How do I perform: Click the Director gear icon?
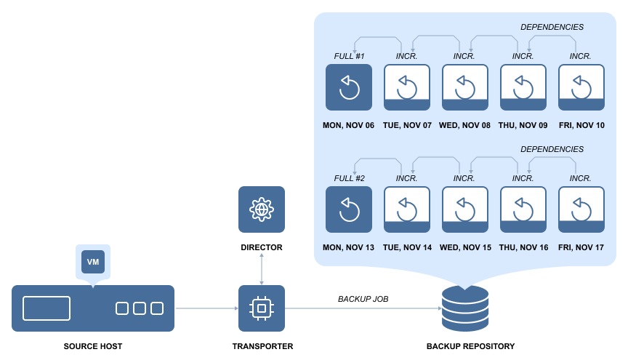click(262, 209)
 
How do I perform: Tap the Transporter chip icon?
click(262, 308)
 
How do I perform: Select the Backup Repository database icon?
click(465, 308)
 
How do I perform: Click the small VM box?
click(93, 262)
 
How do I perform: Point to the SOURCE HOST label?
click(93, 346)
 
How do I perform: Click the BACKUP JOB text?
click(363, 299)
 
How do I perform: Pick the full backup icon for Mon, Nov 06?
click(349, 87)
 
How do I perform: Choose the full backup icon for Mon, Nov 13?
click(349, 209)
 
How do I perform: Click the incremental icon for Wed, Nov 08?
click(465, 87)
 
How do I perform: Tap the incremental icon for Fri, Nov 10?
click(581, 87)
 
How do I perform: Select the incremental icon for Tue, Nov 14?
click(407, 209)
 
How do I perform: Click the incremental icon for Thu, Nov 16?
click(523, 209)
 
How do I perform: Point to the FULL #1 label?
click(349, 56)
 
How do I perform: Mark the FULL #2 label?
click(349, 178)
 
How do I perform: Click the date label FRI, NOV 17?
click(581, 247)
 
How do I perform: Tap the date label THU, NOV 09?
click(523, 125)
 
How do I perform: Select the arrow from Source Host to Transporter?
click(206, 308)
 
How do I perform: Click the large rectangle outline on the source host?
click(47, 308)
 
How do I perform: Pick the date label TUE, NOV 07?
click(407, 125)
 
